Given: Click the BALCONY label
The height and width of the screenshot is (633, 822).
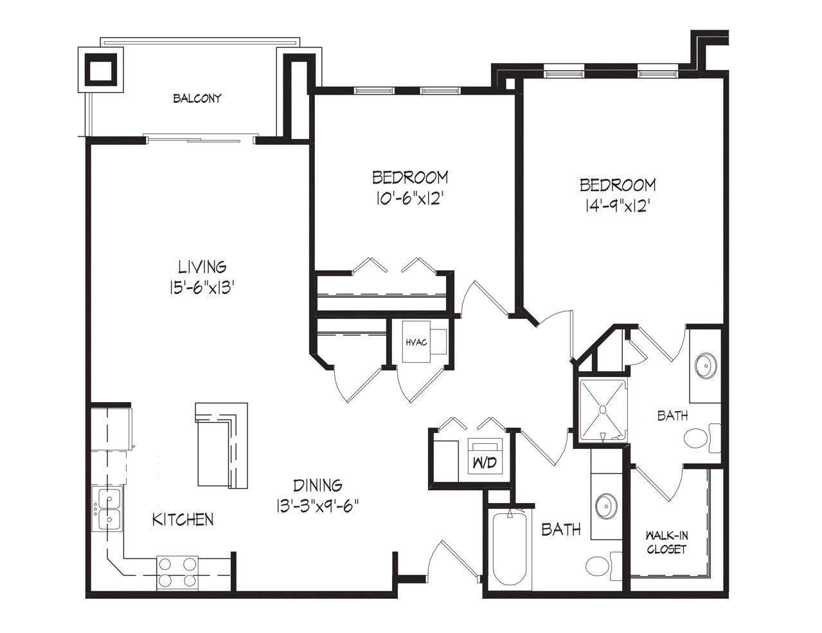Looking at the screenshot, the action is point(197,99).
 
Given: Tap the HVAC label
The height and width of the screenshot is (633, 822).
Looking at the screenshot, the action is point(416,343).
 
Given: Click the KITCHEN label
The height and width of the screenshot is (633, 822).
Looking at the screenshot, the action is point(183,519).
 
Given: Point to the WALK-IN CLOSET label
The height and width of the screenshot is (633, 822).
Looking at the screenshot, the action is point(666,542).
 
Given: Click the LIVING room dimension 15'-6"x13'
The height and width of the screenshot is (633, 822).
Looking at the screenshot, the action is point(202,289).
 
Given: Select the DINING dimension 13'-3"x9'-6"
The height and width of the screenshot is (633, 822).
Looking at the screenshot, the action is point(317,506).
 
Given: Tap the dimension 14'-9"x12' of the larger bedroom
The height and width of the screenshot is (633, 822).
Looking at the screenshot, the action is point(618,206).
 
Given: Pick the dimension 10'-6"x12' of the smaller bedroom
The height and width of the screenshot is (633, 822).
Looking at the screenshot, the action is point(409,198).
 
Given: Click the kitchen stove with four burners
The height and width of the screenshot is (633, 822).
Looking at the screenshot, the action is point(177,573).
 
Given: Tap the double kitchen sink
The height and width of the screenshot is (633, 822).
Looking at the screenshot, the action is point(107,508).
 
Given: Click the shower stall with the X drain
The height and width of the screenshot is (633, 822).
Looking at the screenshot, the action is point(603,410).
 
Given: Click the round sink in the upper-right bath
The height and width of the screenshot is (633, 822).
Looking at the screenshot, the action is point(706,365).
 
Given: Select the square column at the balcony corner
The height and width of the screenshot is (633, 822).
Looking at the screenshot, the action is point(101,69).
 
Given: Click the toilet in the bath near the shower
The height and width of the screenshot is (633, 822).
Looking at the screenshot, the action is point(702,438).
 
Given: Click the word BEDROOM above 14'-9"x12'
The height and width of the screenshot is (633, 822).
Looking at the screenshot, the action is point(618,185).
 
